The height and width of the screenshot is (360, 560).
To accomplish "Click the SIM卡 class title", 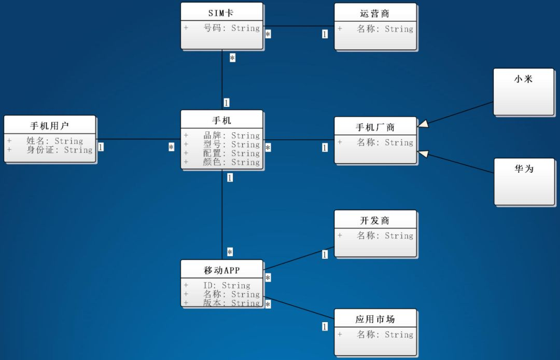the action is click(221, 13).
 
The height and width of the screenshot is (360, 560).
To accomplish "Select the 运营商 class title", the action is click(375, 13).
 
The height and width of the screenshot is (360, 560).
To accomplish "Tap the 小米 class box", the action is click(524, 92).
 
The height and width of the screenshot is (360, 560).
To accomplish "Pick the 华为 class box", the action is click(524, 182).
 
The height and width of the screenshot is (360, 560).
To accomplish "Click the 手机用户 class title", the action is click(49, 126).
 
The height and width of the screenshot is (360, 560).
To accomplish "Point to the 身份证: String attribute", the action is click(59, 150).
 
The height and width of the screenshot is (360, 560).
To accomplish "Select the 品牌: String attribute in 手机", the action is click(231, 136).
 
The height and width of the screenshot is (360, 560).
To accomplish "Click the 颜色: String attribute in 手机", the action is click(231, 162).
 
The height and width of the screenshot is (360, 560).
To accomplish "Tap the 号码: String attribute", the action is click(231, 28).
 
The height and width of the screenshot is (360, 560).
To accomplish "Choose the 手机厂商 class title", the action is click(375, 127).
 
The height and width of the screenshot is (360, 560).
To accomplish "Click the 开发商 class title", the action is click(375, 220).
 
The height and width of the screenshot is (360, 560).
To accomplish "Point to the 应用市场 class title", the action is click(375, 319).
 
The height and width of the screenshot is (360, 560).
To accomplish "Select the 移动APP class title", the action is click(221, 270).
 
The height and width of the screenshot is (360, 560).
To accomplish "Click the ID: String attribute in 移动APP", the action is click(227, 285).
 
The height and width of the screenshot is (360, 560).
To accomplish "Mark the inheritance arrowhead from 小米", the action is click(423, 123).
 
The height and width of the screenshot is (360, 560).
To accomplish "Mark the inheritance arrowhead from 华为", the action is click(423, 154).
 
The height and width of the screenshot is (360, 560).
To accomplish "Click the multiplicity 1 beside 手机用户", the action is click(101, 147).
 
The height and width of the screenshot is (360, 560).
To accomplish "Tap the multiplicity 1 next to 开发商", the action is click(325, 254).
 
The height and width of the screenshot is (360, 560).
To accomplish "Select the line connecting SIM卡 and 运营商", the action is click(299, 26).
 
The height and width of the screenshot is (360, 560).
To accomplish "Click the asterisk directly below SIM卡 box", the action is click(232, 58).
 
